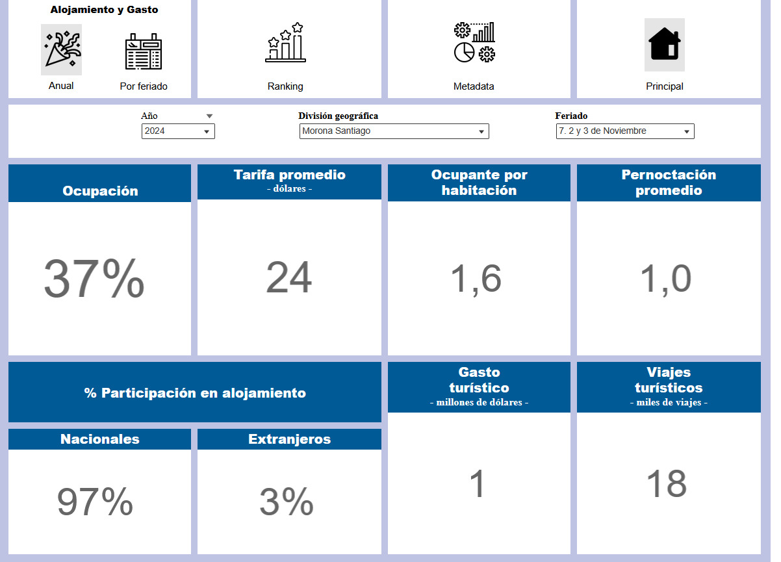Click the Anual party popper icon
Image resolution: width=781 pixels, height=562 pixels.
tap(61, 49)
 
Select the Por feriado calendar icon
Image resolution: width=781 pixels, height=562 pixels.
tap(144, 51)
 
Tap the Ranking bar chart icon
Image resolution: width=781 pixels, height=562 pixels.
tap(285, 43)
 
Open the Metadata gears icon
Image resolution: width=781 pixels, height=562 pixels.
tap(474, 43)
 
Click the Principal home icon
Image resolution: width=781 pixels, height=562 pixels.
tap(664, 44)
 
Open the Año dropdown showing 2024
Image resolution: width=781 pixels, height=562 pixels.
tap(178, 131)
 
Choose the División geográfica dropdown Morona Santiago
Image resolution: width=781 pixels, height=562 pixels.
tap(394, 131)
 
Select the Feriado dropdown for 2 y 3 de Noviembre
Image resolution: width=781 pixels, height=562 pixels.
tap(624, 131)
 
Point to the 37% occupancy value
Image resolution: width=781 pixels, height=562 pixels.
tap(94, 279)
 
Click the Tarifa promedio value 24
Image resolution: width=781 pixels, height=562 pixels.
tap(288, 278)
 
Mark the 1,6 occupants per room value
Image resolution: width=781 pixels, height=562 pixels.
tap(476, 279)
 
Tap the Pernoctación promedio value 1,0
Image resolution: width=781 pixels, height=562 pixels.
tap(665, 279)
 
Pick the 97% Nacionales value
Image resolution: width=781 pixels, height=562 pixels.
tap(95, 502)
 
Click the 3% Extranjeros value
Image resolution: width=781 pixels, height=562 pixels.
tap(287, 502)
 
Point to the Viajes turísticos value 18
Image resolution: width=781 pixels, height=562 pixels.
tap(667, 484)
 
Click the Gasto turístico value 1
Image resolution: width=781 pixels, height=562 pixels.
tap(478, 485)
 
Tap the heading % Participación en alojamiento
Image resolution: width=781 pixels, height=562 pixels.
tap(195, 393)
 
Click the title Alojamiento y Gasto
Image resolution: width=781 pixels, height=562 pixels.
tap(104, 10)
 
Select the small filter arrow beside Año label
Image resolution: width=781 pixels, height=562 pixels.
tap(209, 116)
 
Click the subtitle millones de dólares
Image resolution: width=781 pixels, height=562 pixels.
tap(479, 403)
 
